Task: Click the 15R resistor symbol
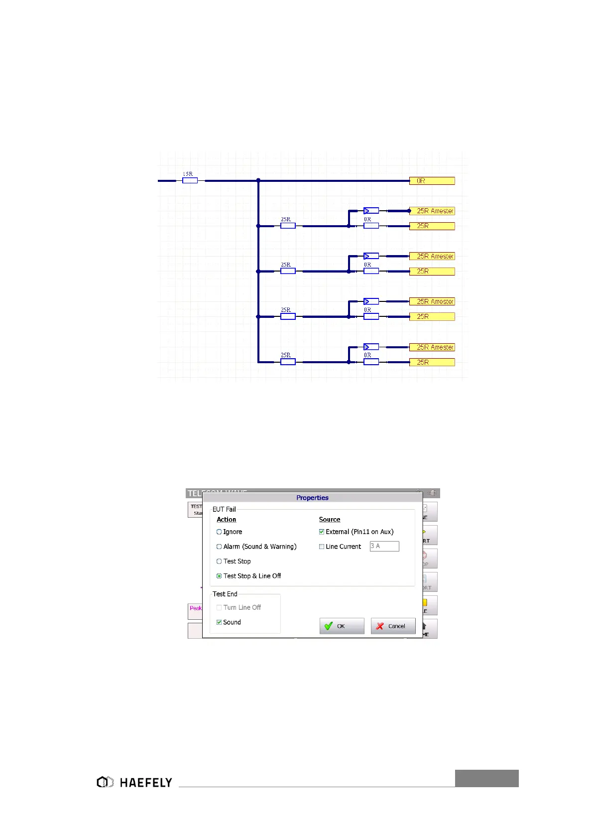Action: point(190,180)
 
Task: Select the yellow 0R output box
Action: point(432,181)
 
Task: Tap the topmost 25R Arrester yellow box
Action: point(432,211)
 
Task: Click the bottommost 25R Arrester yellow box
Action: point(432,347)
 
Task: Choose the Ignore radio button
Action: point(219,532)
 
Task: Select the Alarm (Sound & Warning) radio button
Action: point(219,547)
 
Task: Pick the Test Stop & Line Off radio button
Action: point(219,576)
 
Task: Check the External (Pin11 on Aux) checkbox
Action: point(322,532)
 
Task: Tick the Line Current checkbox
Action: point(322,547)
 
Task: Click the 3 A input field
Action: point(384,547)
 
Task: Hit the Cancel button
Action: point(393,626)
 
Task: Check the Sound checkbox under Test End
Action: point(219,622)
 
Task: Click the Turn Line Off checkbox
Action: point(219,608)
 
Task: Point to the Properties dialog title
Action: point(312,498)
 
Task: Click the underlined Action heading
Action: point(226,520)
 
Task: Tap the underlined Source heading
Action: point(329,520)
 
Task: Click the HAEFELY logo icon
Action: point(105,782)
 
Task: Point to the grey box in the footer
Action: point(486,778)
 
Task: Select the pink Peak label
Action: point(195,608)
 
